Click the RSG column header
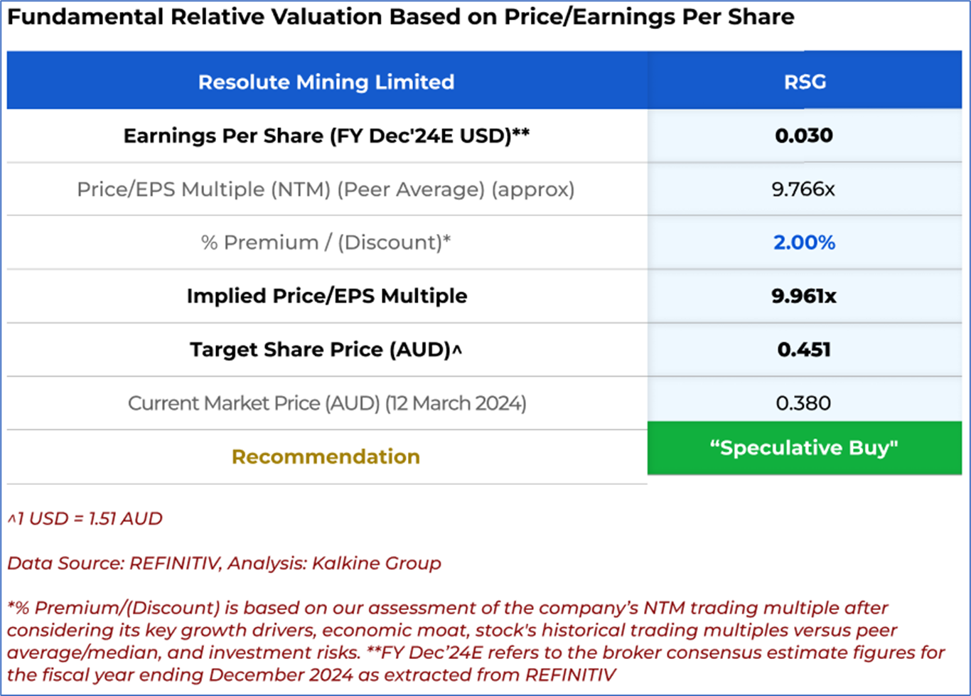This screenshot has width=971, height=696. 805,82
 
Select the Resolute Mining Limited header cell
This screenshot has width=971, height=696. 326,82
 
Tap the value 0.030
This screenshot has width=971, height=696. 804,135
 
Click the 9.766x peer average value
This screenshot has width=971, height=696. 803,189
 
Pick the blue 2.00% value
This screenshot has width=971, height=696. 804,242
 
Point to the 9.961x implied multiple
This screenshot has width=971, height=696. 804,296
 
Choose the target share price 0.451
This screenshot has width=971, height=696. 804,349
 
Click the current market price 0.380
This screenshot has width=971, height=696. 803,403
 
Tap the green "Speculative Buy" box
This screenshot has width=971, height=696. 804,448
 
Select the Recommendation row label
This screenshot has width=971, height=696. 326,456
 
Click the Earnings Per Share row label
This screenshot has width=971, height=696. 326,135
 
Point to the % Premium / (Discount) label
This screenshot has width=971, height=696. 326,242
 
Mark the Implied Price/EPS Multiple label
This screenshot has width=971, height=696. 326,296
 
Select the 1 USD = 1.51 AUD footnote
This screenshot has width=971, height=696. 85,518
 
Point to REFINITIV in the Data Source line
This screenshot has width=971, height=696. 174,563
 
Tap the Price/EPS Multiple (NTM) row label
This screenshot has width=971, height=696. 326,189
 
